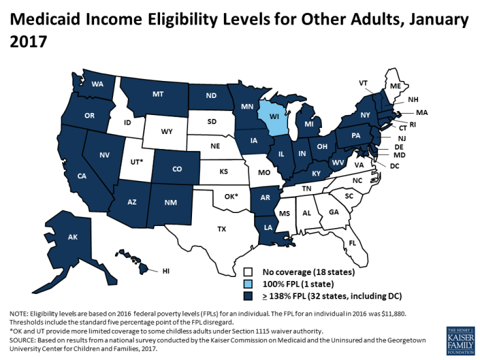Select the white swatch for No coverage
[x=249, y=271]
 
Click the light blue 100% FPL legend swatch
[x=249, y=283]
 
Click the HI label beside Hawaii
[x=166, y=269]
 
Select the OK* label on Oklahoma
[x=232, y=196]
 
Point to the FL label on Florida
[x=352, y=242]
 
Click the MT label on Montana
[x=158, y=94]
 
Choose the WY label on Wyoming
[x=167, y=131]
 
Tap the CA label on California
[x=82, y=176]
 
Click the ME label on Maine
[x=395, y=86]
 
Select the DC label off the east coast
[x=394, y=167]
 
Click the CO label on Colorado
[x=177, y=169]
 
